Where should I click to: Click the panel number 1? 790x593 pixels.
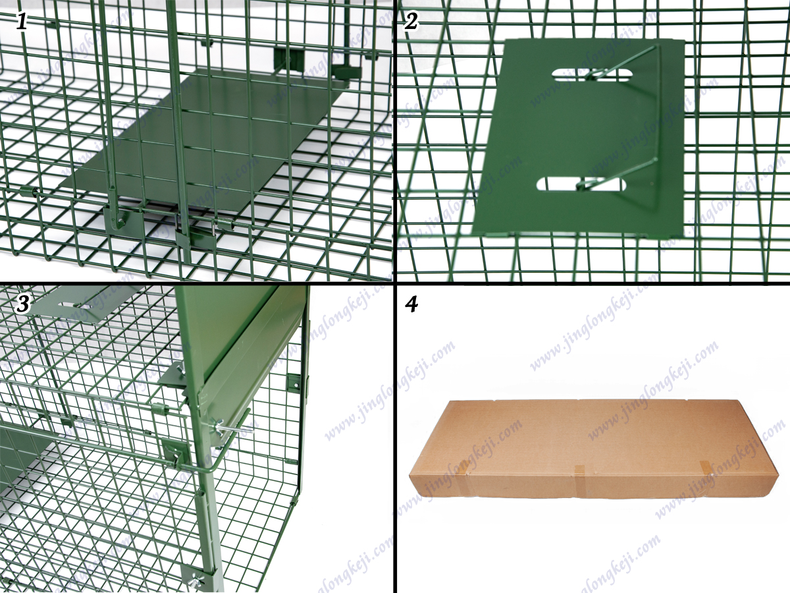(22, 22)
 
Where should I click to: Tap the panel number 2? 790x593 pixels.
(411, 21)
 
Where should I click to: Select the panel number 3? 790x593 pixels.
(22, 304)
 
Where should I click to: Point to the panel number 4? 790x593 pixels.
(411, 304)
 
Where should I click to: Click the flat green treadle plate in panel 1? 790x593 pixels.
(201, 144)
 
